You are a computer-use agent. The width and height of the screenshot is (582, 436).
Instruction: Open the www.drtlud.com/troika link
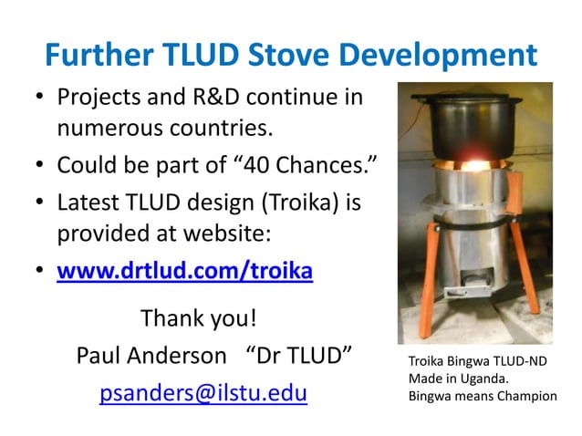click(185, 272)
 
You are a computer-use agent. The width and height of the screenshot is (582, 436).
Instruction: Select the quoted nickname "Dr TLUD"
click(300, 355)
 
